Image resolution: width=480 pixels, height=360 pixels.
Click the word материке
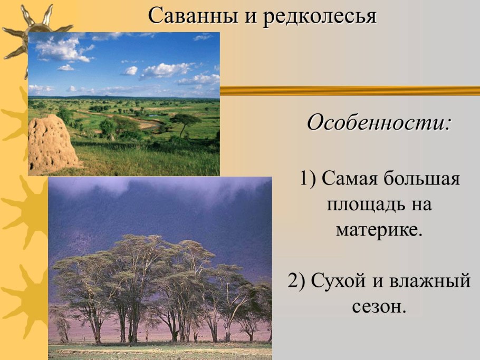point(379,230)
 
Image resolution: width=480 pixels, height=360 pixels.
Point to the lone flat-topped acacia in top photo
point(185,121)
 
